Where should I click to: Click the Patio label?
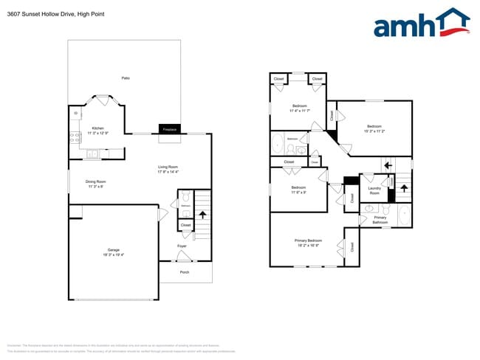tap(126, 77)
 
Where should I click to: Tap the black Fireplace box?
tap(169, 129)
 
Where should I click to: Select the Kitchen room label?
tap(97, 128)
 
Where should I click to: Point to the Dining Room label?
tap(96, 181)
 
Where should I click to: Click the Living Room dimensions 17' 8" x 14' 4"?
tap(168, 172)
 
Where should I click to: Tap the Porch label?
tap(185, 272)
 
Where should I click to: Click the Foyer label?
tap(182, 246)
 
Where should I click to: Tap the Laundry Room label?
tap(374, 191)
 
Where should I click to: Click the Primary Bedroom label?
tap(309, 240)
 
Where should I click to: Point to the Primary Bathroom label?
tap(380, 220)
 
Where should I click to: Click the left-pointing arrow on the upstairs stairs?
tap(386, 165)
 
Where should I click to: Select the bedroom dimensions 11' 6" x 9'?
tap(298, 193)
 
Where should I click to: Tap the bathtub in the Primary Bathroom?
tap(403, 216)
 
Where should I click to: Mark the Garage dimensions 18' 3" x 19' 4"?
tap(114, 255)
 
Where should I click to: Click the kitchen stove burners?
tap(75, 136)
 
